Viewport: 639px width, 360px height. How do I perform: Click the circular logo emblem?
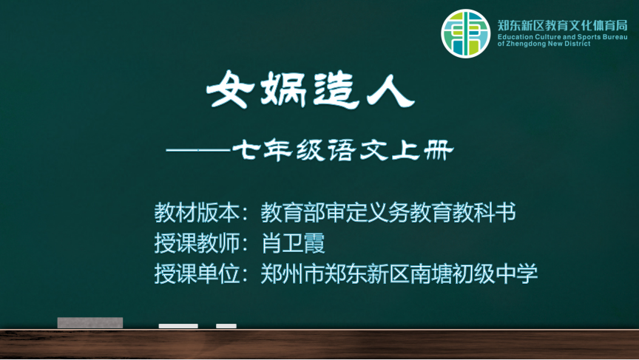click(x=465, y=33)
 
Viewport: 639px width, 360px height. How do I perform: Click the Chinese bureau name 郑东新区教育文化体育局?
click(x=562, y=26)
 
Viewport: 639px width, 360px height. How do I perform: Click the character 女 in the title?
click(x=230, y=89)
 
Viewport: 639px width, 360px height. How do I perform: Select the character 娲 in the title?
click(x=283, y=90)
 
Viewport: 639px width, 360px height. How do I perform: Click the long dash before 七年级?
click(x=198, y=150)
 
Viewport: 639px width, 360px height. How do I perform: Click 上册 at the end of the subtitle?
click(x=422, y=150)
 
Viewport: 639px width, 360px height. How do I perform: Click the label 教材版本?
click(x=197, y=212)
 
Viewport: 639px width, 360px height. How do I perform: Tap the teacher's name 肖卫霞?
click(x=293, y=243)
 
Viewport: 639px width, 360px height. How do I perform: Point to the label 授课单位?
click(x=197, y=274)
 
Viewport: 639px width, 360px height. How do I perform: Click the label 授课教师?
click(x=197, y=243)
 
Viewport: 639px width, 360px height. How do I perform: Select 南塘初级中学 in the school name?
click(x=473, y=274)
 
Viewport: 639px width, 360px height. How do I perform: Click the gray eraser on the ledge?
click(x=90, y=322)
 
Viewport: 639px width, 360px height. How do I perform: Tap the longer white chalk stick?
click(x=178, y=326)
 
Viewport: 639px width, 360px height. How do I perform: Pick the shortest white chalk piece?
click(x=226, y=326)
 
